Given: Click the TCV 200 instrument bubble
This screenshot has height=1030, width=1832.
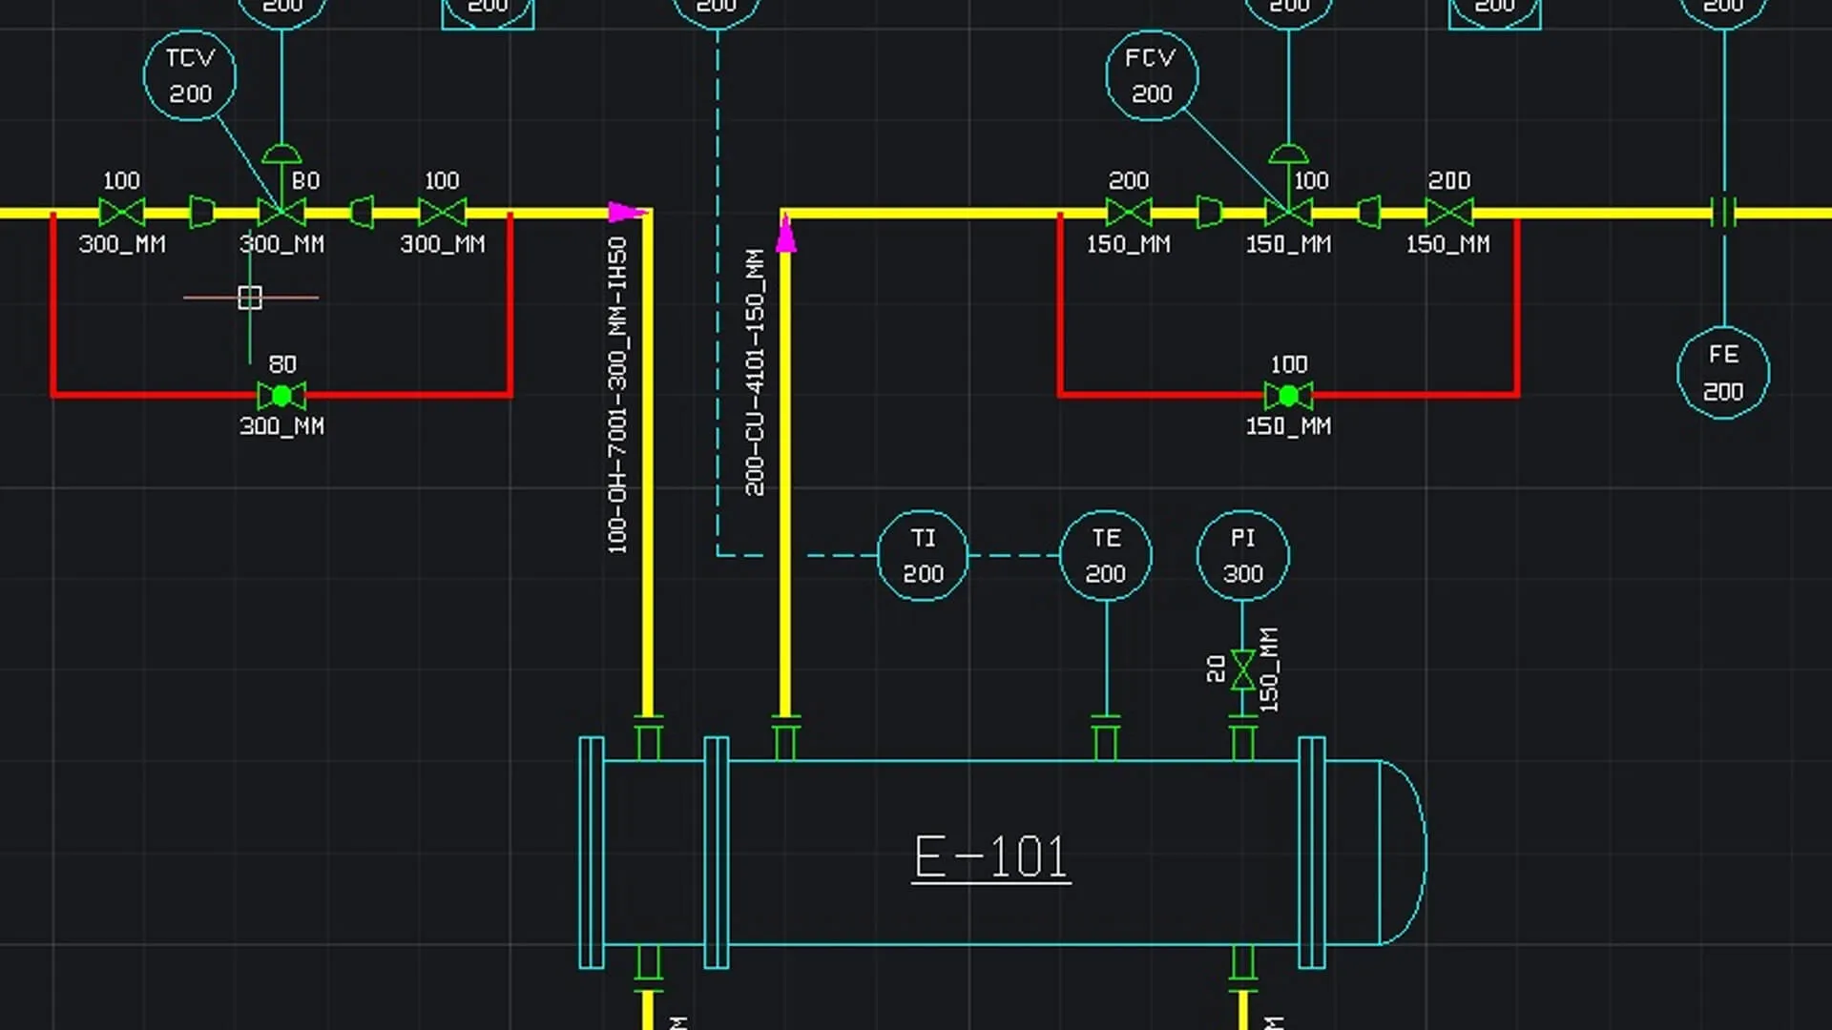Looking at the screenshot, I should [190, 75].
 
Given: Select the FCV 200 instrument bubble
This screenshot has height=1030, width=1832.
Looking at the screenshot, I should [1152, 75].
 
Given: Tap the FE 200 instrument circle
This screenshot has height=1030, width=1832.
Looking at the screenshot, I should [1723, 373].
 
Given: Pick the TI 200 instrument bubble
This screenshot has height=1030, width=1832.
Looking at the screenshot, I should [923, 556].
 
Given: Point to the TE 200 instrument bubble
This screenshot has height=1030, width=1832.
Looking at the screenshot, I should [1106, 556].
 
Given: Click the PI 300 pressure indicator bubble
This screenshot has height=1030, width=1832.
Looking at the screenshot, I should [1242, 556].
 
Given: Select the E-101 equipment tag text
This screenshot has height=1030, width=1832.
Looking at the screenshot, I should [990, 856].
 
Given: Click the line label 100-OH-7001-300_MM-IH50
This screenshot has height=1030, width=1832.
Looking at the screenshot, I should [617, 395].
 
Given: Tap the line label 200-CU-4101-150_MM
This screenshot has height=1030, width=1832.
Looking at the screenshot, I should [755, 372].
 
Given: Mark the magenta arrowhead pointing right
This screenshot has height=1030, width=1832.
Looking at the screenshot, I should [627, 212].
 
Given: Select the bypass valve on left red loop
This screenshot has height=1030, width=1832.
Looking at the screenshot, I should [281, 395].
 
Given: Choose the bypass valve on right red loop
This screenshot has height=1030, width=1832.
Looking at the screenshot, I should [1288, 395].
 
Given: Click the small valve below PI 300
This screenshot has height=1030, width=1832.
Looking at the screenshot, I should [1242, 669].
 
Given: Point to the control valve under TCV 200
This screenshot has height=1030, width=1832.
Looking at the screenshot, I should [281, 211].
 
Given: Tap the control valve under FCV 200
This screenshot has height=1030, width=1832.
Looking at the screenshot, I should [1288, 211].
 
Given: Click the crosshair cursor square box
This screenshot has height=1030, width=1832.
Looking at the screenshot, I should [250, 298].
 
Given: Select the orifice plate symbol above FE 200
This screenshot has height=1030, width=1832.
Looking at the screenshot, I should [1723, 212].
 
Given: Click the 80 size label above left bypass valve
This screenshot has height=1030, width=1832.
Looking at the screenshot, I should [282, 364].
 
